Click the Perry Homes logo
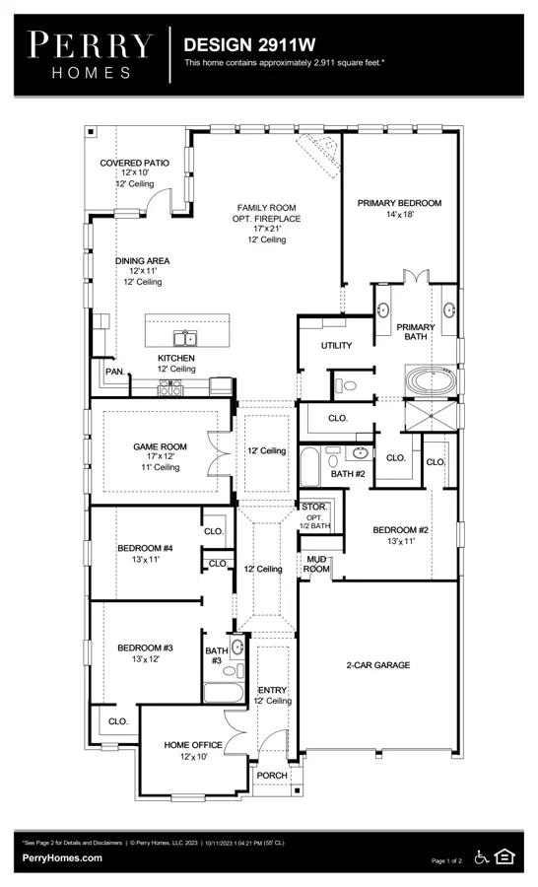91,55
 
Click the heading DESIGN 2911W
249,44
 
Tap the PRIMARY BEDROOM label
399,203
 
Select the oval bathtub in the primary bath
431,380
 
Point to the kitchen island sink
184,338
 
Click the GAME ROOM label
160,446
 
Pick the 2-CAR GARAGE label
378,665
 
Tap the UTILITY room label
337,345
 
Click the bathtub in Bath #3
224,693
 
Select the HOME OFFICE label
193,745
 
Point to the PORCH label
272,775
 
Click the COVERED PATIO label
135,163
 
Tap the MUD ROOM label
316,564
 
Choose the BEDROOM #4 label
145,548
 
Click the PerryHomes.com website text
62,857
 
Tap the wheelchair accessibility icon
482,857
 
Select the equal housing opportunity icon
504,856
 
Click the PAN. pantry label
115,372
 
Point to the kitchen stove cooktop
170,387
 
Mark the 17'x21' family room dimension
266,229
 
